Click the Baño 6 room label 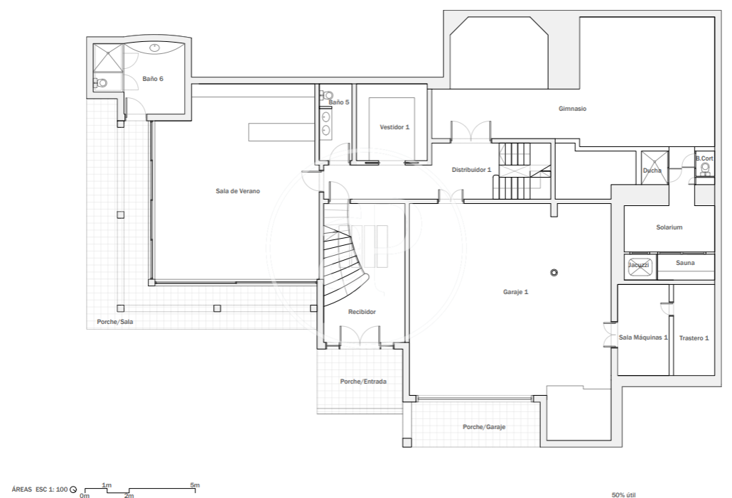coord(153,79)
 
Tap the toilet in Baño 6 coord(100,83)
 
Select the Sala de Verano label coord(237,191)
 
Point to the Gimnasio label coord(572,109)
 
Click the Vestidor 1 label coord(394,127)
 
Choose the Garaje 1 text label coord(515,292)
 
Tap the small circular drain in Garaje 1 coord(554,273)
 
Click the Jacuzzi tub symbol coord(639,265)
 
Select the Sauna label coord(685,263)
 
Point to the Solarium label coord(669,227)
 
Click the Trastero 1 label coord(694,338)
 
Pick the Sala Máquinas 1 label coord(643,337)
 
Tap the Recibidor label coord(362,312)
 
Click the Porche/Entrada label coord(363,381)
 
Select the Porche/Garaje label coord(484,426)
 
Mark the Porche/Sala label coord(115,322)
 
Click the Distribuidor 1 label coord(471,170)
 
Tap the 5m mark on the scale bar coord(195,485)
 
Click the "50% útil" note coord(624,495)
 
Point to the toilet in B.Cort coord(706,169)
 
